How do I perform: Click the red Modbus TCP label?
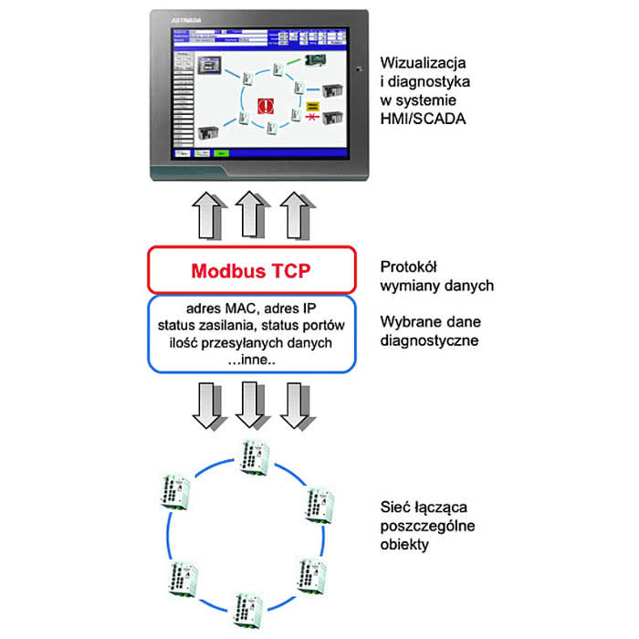[x=249, y=271]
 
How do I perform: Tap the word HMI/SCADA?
[x=422, y=117]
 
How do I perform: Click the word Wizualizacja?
[x=424, y=64]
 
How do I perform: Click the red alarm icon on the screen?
[x=267, y=106]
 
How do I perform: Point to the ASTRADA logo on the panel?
[x=186, y=17]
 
